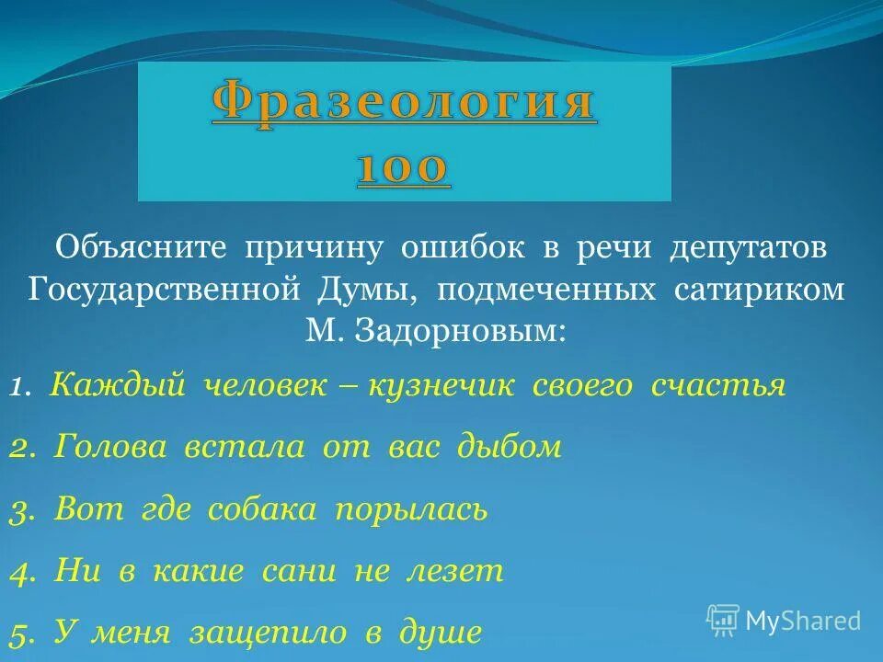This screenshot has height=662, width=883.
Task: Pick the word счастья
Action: click(x=718, y=386)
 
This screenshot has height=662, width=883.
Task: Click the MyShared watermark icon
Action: click(x=723, y=620)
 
